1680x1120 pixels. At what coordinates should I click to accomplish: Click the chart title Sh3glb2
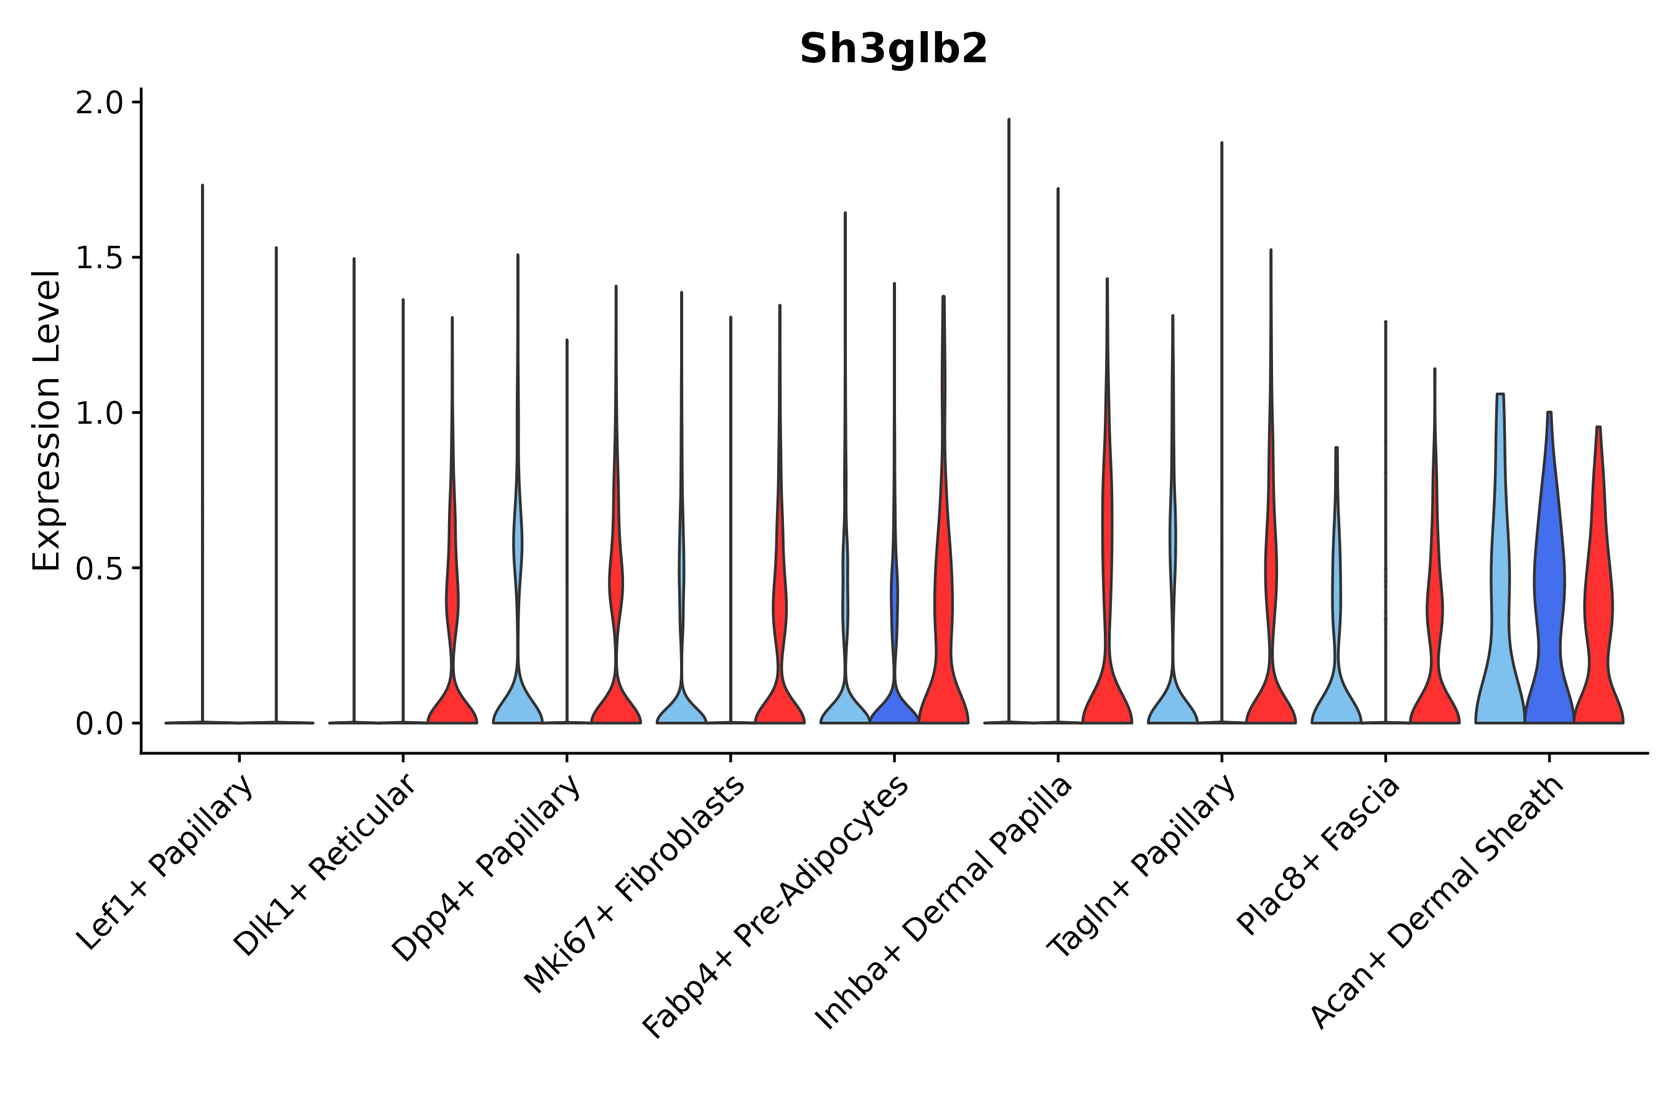coord(893,49)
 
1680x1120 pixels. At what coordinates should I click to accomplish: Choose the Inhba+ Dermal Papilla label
coord(945,903)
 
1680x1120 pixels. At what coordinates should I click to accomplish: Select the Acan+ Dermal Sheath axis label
coord(1438,903)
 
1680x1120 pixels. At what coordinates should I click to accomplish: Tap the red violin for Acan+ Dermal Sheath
coord(1598,607)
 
